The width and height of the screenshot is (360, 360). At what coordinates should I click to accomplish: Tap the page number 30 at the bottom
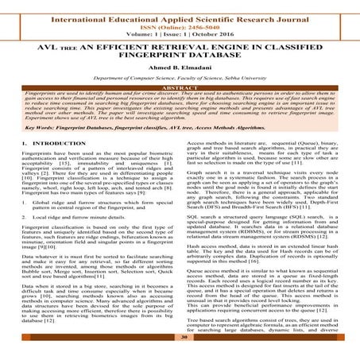tap(180, 338)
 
